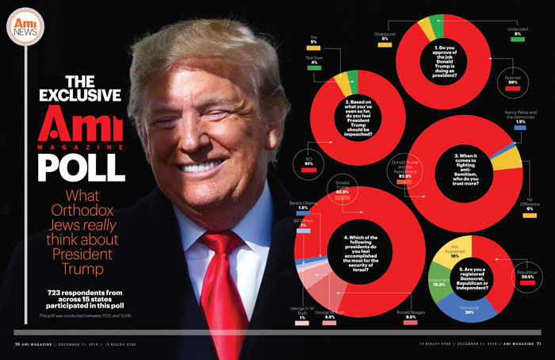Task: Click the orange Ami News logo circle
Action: click(x=27, y=28)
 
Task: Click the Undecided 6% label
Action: click(x=517, y=32)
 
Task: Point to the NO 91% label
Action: click(x=310, y=163)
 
